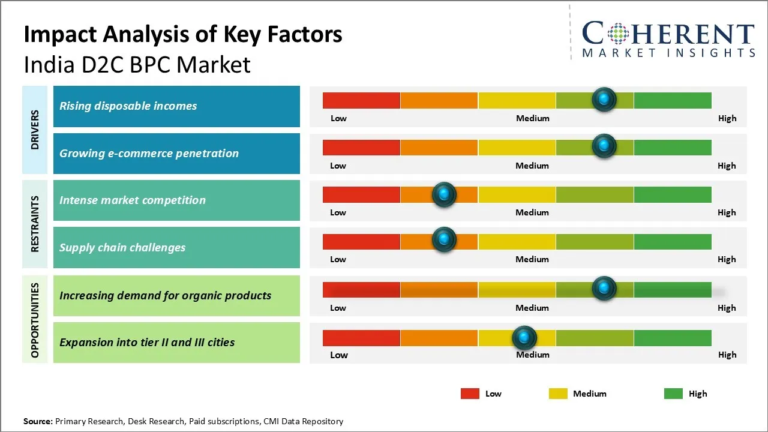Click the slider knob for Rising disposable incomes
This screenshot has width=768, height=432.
[604, 99]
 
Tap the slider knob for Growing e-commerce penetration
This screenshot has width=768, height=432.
[604, 146]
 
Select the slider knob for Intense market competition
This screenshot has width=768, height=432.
[444, 194]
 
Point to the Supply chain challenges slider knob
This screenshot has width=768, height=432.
[444, 240]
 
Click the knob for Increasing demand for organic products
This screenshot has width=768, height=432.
[604, 288]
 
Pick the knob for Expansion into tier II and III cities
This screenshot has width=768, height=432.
[524, 338]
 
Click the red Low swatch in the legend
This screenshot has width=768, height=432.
[470, 394]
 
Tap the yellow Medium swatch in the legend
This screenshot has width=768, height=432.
[558, 394]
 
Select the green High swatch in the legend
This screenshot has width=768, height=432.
[673, 394]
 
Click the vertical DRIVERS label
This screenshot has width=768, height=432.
[35, 130]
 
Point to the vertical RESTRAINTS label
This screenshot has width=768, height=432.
[35, 224]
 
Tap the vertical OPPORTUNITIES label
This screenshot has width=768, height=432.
[35, 320]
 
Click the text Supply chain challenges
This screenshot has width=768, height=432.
[122, 248]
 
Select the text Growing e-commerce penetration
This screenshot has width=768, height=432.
[149, 154]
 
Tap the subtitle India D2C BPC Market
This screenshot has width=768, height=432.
[137, 64]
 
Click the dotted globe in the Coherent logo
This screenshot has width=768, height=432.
[617, 34]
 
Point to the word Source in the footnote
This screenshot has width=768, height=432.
[38, 421]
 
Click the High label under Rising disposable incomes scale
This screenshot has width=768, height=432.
[727, 118]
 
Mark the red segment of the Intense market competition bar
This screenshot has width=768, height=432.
[361, 194]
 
